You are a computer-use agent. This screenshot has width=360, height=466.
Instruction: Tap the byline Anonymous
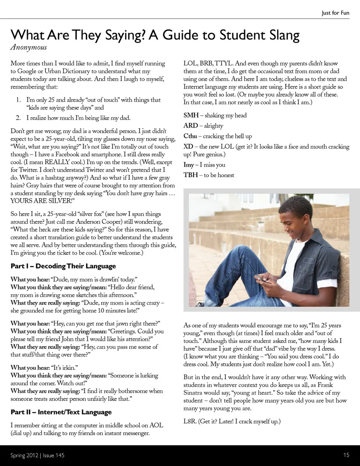28,48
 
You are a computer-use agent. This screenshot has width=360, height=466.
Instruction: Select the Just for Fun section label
335,13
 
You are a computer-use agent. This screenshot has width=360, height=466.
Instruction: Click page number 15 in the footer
346,455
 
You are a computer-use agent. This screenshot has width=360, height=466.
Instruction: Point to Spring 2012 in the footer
24,455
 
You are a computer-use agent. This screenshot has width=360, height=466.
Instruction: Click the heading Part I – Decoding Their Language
63,266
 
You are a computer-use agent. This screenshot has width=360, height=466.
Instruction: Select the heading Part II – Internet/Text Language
61,412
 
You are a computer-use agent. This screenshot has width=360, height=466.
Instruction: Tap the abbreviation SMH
191,115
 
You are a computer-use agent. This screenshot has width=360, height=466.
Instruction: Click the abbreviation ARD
190,126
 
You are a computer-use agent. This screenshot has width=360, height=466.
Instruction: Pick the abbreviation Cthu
190,136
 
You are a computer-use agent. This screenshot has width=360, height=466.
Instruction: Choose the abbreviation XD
188,147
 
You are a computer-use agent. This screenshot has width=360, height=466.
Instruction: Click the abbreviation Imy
189,165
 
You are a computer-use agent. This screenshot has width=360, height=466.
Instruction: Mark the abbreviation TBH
190,175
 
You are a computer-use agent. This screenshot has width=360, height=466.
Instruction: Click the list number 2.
18,118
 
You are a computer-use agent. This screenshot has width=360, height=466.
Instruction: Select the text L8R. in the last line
190,421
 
